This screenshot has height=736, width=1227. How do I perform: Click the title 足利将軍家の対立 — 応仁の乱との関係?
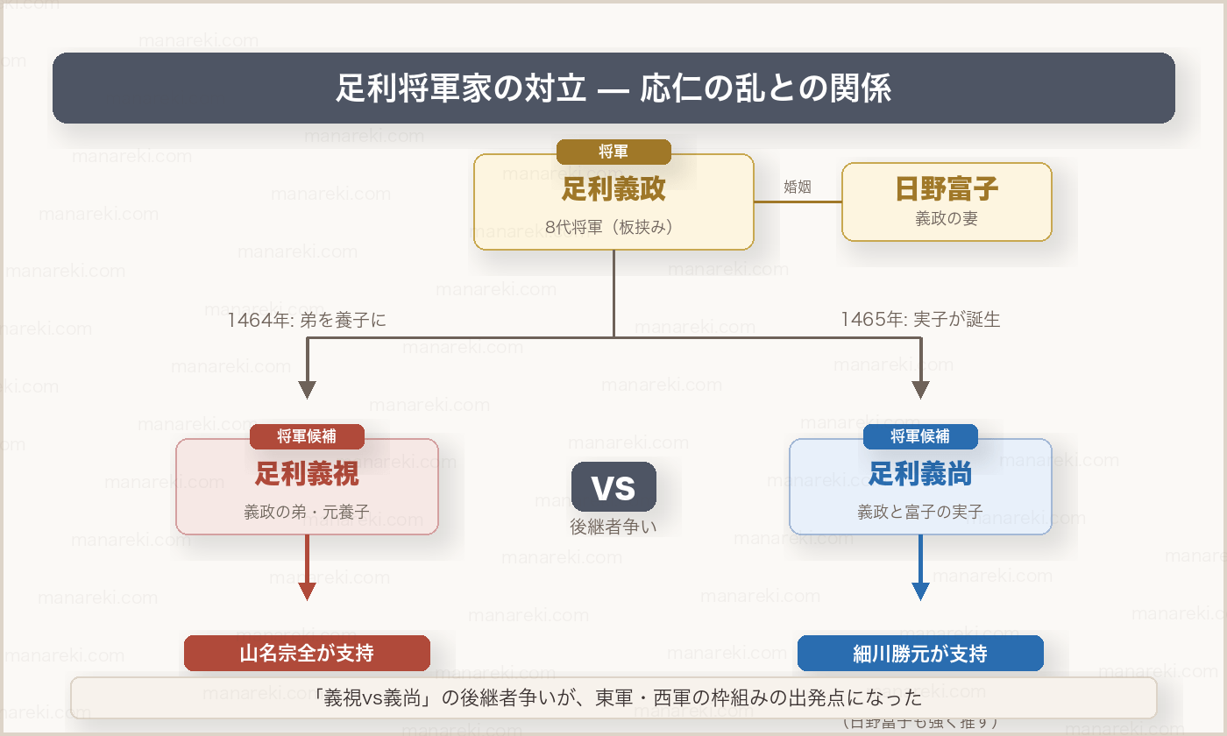(x=613, y=88)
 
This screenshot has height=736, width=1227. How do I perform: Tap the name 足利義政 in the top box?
(x=613, y=188)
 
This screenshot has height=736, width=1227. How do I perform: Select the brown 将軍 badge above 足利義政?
(x=613, y=152)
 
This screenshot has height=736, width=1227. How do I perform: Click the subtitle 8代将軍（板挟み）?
(x=613, y=227)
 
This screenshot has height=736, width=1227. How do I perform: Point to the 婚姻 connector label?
(x=797, y=186)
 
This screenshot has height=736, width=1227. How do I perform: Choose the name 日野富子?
(x=947, y=189)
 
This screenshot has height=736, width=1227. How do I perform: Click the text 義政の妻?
(x=947, y=219)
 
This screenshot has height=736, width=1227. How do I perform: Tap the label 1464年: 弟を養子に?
(x=307, y=320)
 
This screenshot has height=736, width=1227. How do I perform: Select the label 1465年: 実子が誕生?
(x=920, y=320)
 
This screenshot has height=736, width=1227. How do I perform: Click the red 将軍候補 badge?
(x=307, y=436)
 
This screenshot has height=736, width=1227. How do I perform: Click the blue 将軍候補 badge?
(x=920, y=436)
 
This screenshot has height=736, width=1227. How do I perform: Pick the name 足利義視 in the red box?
(x=307, y=474)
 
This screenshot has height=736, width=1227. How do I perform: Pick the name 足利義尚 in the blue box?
(x=920, y=474)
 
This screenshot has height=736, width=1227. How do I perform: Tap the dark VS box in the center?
(x=613, y=487)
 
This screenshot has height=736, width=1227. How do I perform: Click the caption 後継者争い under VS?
(x=613, y=527)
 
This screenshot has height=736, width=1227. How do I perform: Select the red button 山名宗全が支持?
(x=307, y=653)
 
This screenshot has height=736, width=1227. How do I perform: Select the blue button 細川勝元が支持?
(x=920, y=653)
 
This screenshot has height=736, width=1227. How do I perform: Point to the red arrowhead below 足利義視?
(x=307, y=591)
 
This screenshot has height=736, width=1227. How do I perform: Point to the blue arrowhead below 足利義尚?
(x=920, y=591)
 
